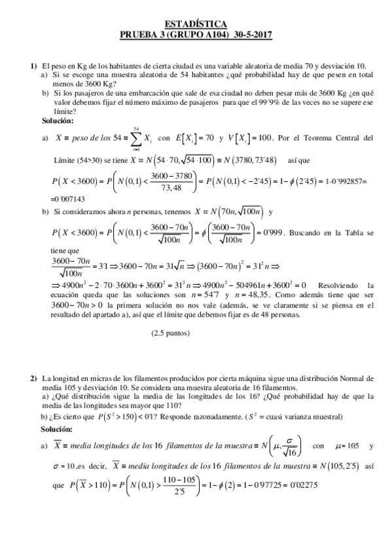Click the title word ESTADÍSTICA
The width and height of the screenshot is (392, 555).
(196, 22)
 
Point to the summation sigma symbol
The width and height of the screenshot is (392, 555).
(135, 138)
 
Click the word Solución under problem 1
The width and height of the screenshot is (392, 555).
(58, 121)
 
